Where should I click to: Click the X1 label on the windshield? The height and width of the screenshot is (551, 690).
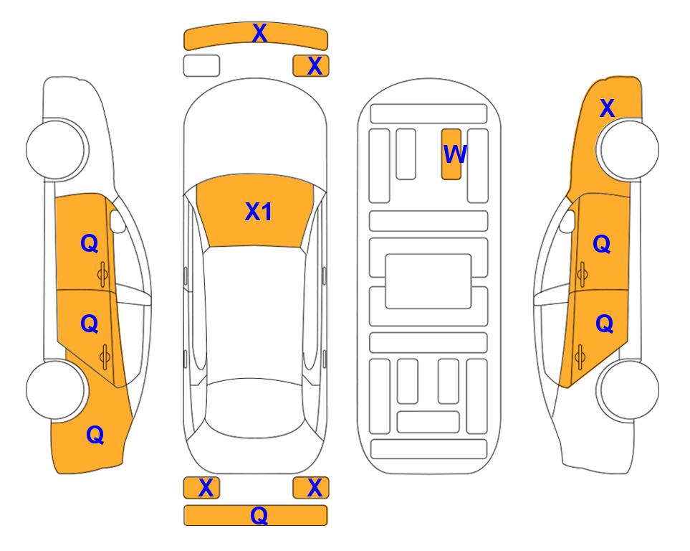(x=259, y=212)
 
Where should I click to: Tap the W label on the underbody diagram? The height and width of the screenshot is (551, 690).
(x=454, y=154)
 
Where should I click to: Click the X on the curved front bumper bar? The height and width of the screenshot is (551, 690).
(x=259, y=33)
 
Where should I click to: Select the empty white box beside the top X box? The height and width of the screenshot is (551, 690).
(x=201, y=66)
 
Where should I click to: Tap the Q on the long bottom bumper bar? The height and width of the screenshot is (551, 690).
(x=259, y=515)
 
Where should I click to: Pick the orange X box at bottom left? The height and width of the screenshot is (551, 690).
(x=201, y=488)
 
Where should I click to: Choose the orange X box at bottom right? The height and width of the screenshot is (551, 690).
(x=311, y=488)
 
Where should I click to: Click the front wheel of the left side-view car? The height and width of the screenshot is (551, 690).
(x=57, y=149)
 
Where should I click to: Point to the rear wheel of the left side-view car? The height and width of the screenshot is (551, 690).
(x=57, y=390)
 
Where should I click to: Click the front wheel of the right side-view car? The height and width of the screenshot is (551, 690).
(x=628, y=149)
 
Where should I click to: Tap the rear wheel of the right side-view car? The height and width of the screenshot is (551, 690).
(x=628, y=390)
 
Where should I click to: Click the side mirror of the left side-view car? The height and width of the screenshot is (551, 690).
(x=117, y=221)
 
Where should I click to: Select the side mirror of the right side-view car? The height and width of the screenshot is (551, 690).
(x=567, y=221)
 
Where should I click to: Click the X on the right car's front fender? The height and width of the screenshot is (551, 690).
(x=607, y=108)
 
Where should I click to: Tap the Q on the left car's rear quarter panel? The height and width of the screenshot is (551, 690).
(x=95, y=435)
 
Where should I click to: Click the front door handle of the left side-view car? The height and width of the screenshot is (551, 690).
(x=102, y=275)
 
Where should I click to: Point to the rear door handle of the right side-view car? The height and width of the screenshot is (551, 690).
(x=580, y=357)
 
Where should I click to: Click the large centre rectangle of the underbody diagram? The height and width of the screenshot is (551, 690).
(x=428, y=281)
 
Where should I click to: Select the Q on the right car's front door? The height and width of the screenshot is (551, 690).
(x=602, y=244)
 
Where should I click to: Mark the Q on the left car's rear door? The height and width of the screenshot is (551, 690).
(x=90, y=324)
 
